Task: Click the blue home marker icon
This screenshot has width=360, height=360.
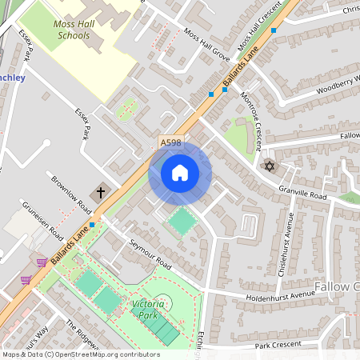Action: [x=180, y=173]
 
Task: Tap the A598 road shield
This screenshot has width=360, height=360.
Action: [x=170, y=142]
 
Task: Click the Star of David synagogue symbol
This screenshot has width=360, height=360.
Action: [x=269, y=166]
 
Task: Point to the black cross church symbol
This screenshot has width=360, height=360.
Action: [x=101, y=192]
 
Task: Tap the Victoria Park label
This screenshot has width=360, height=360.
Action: [x=149, y=310]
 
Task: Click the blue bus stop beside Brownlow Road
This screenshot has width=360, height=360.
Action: [x=93, y=225]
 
